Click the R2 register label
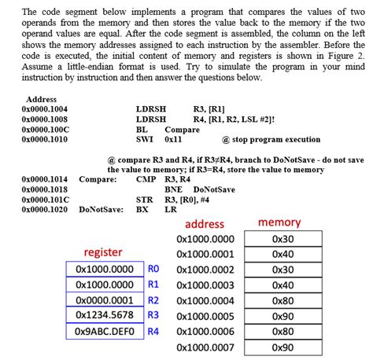[x=153, y=299]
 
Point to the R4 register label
[x=153, y=331]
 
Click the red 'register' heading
[x=103, y=252]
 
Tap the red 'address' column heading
[x=205, y=223]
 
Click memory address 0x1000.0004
[x=205, y=300]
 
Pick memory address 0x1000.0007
[x=205, y=347]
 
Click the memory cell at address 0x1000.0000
[x=282, y=239]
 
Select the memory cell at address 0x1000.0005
[x=282, y=316]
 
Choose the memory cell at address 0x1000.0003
[x=282, y=285]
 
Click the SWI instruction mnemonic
[x=144, y=139]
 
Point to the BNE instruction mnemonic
[x=173, y=189]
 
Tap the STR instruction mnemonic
[x=144, y=200]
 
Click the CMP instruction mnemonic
[x=146, y=179]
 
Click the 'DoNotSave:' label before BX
[x=101, y=210]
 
